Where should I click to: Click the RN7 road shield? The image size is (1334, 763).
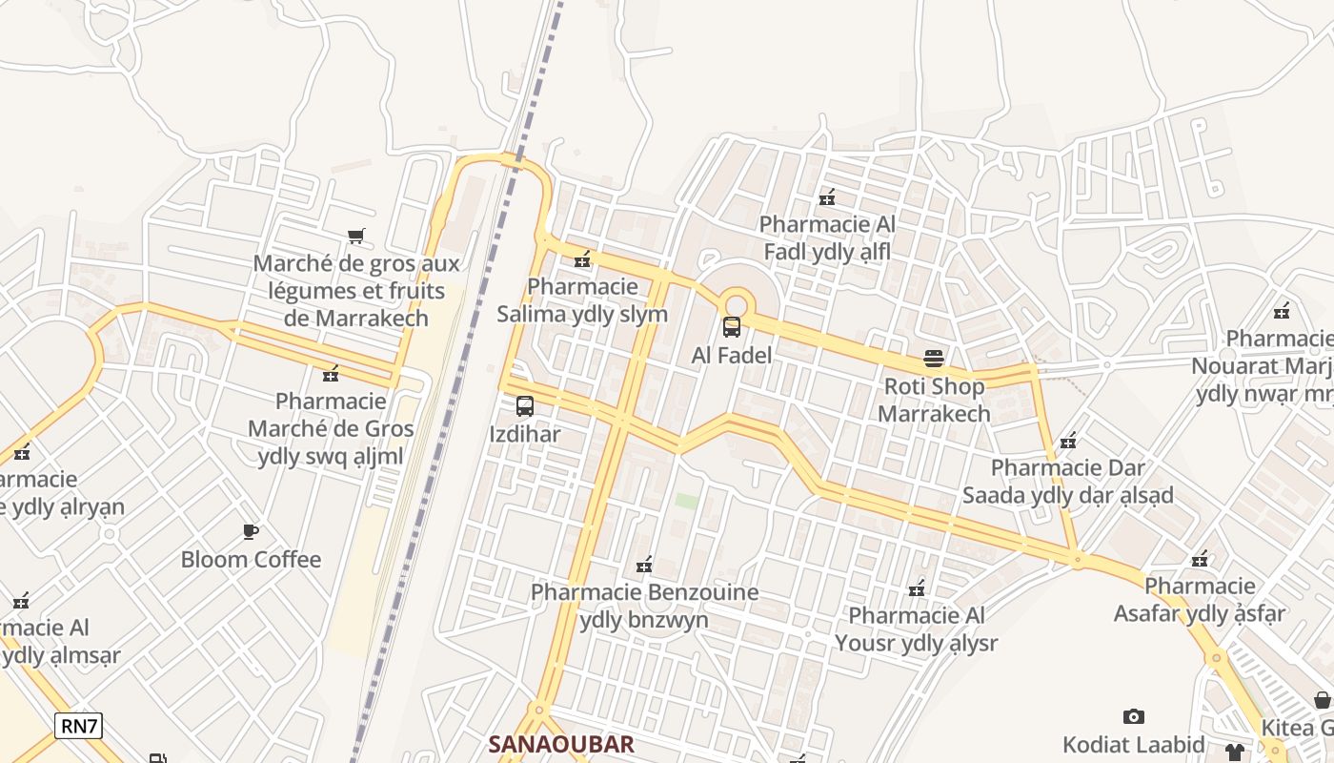point(79,726)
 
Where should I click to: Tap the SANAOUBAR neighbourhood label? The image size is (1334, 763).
point(560,744)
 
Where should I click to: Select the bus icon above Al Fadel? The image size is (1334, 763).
point(732,327)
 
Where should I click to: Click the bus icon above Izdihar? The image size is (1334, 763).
point(524,406)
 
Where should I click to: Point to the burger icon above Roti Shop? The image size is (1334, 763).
point(933,359)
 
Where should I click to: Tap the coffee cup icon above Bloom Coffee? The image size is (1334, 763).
point(251,531)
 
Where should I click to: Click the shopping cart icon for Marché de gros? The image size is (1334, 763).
point(356,236)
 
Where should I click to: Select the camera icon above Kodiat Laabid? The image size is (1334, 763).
point(1133,716)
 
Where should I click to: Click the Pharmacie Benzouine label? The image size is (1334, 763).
point(644,606)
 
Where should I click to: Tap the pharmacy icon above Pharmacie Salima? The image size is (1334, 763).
point(582,258)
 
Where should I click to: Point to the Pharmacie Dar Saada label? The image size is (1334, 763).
point(1067,482)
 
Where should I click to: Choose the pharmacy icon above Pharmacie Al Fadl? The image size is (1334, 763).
point(827,197)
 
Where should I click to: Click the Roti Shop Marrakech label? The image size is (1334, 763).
point(933,400)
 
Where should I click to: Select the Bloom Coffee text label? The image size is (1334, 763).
point(251,559)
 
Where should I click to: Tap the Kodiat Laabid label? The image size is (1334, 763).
point(1133,744)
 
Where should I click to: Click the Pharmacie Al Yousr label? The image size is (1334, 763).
point(916,629)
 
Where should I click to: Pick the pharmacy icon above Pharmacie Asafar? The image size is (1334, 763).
point(1200,559)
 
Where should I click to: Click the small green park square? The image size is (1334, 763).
point(686,501)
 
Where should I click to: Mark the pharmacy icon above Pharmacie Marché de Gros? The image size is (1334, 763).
point(331,374)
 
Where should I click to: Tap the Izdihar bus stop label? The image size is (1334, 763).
point(524,434)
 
